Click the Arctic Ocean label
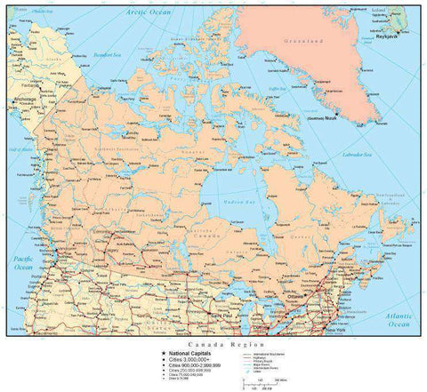coord(147,12)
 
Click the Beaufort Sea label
coord(107,55)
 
